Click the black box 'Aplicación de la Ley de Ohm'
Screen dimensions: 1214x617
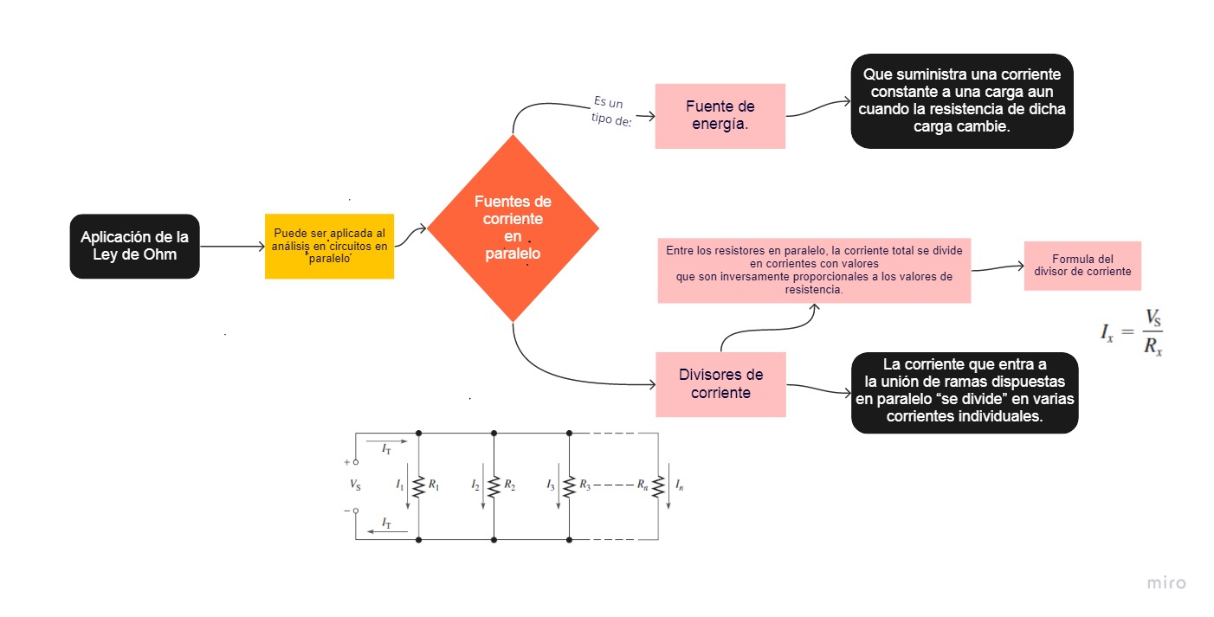[134, 246]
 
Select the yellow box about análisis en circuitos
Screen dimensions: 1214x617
[330, 246]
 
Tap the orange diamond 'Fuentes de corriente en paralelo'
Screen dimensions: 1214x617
[513, 228]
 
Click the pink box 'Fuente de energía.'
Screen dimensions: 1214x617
[720, 116]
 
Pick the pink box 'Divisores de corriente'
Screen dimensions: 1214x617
[720, 384]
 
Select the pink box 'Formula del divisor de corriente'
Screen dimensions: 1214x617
[1083, 266]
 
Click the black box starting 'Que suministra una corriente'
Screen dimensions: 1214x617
[962, 100]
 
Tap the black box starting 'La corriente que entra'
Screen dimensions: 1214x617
[965, 392]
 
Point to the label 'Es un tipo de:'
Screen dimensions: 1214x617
[611, 111]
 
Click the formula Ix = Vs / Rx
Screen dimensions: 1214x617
[1132, 331]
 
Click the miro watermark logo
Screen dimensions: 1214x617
[1166, 583]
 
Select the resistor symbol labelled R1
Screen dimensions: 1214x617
[418, 486]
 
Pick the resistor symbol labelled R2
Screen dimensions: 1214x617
[494, 486]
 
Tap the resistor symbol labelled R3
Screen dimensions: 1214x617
[569, 486]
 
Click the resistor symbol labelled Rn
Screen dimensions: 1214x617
[658, 486]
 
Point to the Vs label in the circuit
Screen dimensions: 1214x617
[355, 485]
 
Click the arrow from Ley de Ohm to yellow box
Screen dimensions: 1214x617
[233, 247]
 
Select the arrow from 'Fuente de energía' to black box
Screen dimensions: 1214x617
[818, 108]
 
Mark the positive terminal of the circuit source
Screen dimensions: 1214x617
[356, 462]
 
